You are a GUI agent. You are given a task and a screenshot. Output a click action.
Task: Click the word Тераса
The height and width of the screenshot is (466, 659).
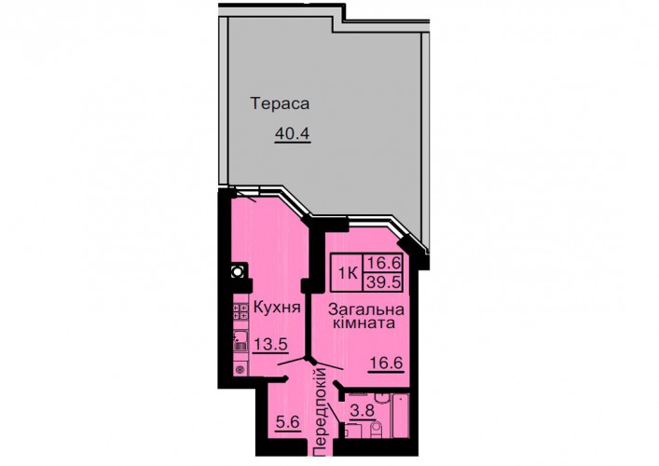tap(280, 103)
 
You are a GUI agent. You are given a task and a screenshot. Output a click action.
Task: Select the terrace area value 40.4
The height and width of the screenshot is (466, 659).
tap(292, 134)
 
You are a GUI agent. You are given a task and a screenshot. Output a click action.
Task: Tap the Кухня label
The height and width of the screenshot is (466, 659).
tap(277, 308)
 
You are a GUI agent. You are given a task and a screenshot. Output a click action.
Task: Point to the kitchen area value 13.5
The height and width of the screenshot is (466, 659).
tap(270, 344)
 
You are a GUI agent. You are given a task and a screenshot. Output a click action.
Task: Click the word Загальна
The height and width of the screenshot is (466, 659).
tap(365, 310)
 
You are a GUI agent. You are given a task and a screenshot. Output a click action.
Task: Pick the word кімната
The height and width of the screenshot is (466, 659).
tap(364, 323)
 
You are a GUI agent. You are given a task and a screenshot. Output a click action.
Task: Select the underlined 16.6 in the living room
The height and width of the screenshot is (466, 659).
tap(386, 362)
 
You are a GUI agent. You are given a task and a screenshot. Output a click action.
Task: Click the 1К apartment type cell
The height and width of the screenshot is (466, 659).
tap(349, 274)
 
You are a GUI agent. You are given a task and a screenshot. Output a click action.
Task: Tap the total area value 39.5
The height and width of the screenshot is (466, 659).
tap(383, 282)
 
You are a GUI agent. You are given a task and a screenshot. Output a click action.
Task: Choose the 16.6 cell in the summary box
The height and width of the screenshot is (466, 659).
tap(383, 263)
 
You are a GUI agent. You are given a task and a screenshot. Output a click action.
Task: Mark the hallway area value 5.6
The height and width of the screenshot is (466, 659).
tap(287, 421)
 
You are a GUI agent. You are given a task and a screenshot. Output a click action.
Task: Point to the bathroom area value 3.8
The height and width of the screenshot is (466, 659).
tap(363, 410)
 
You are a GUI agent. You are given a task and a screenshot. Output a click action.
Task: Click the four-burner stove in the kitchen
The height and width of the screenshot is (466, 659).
tap(240, 311)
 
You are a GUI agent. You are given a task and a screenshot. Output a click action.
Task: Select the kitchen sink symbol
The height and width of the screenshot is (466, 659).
tap(240, 341)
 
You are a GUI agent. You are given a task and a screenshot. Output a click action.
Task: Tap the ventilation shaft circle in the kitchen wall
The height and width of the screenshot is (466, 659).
tap(238, 271)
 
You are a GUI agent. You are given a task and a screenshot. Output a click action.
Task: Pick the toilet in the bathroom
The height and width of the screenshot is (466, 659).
tap(377, 428)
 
